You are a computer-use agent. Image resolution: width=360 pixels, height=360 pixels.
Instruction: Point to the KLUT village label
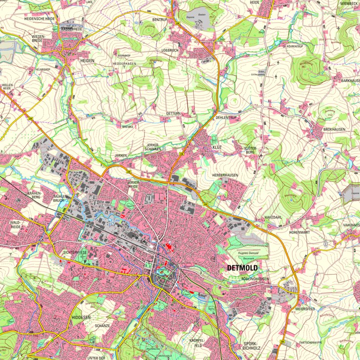pos(216,147)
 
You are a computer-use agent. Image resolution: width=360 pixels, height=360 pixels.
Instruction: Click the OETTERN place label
pos(173,113)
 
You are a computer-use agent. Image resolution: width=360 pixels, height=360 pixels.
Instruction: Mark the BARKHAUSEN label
pos(350,80)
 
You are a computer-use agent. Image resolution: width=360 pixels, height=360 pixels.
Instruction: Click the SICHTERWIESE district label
pos(75,252)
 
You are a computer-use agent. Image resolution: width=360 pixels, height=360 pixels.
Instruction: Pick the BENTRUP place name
pos(160,19)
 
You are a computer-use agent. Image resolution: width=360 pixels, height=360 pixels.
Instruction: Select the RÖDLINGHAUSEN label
pos(251,279)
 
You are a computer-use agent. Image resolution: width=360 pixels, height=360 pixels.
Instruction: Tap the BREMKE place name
pos(128,127)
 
